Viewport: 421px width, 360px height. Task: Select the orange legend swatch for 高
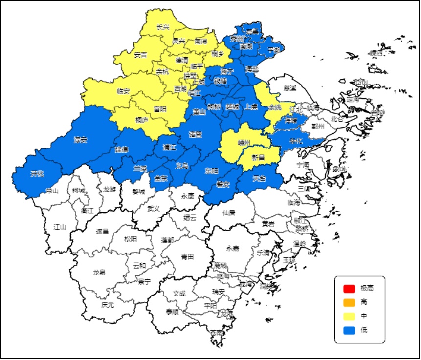click(348, 302)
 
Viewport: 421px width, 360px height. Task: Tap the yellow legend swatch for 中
click(348, 316)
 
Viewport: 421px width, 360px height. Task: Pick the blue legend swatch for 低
click(348, 330)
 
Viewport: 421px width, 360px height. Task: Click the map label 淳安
click(80, 140)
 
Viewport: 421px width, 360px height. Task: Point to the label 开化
click(37, 173)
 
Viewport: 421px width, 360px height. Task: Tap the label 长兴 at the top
click(163, 27)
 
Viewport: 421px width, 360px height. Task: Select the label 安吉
click(140, 55)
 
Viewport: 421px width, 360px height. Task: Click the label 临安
click(123, 91)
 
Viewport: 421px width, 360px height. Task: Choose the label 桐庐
click(142, 119)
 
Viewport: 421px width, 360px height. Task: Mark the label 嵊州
click(244, 143)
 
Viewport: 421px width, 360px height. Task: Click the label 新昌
click(258, 157)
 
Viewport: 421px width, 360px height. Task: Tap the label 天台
click(259, 179)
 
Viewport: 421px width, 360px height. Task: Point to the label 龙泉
click(99, 273)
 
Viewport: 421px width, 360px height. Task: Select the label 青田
click(187, 256)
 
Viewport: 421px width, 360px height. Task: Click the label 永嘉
click(233, 248)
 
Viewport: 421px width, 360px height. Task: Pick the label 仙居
click(229, 212)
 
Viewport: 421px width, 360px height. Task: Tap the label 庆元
click(108, 305)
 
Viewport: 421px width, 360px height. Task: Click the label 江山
click(60, 227)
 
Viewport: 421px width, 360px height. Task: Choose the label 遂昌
click(102, 232)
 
